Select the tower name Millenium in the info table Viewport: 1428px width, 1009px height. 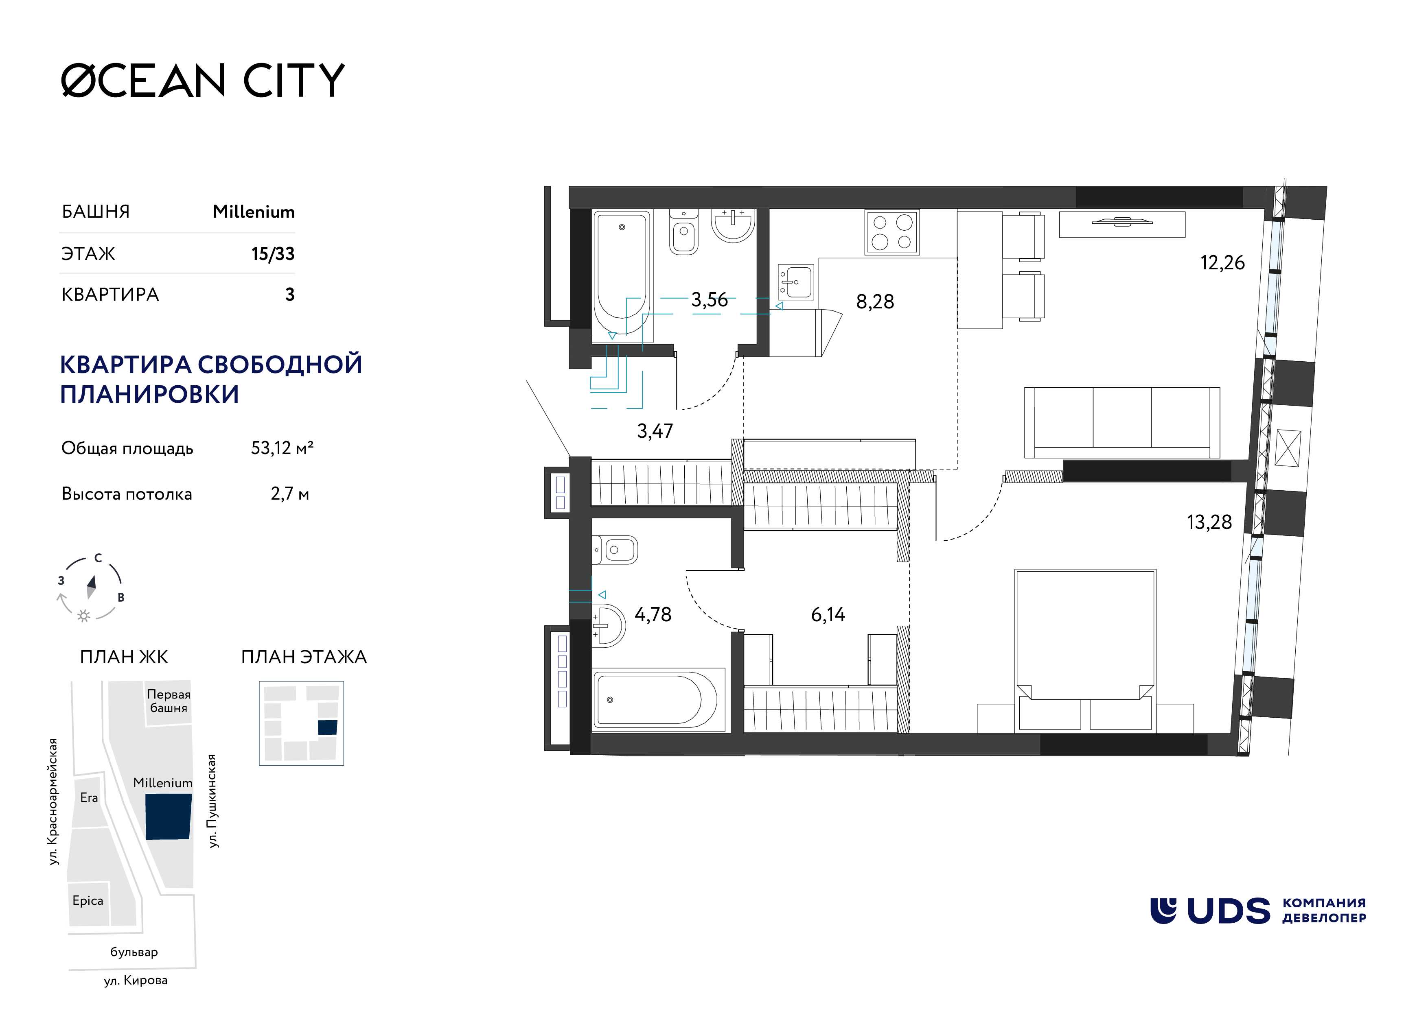[254, 212]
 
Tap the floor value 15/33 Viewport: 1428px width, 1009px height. [273, 253]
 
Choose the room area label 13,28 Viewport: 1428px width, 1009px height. [1209, 522]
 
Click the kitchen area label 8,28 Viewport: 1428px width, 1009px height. [875, 301]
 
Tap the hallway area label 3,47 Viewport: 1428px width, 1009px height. [655, 431]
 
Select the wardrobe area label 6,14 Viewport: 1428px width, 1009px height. [828, 614]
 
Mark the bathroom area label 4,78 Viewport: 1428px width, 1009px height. [653, 614]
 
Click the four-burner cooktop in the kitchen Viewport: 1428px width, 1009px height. [892, 232]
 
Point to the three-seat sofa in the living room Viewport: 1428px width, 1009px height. [1122, 423]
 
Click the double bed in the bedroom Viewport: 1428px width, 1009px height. [1085, 650]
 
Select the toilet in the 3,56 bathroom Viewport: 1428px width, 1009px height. [683, 232]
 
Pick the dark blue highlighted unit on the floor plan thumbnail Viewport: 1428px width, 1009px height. [328, 727]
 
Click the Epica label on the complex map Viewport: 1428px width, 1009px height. [88, 901]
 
